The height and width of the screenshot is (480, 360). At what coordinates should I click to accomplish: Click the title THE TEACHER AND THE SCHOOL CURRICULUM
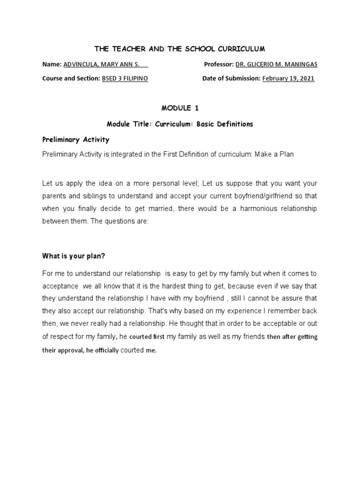180,49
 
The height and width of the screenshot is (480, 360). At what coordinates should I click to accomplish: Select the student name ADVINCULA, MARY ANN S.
105,64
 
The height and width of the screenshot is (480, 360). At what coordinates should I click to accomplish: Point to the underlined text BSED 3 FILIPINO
125,79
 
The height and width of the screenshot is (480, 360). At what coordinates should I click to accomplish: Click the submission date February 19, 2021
288,79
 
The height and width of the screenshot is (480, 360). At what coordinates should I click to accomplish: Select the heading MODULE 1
180,108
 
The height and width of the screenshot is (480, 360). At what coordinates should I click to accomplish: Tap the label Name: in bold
52,64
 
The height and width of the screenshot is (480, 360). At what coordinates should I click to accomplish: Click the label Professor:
218,64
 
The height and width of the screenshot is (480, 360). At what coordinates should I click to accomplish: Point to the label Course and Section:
71,79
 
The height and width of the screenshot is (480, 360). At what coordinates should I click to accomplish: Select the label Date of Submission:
231,79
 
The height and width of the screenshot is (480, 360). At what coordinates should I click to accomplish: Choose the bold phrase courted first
147,337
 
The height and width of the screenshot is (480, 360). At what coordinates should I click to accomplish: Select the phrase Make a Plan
274,154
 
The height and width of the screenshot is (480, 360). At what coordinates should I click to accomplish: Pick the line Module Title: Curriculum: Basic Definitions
180,124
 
